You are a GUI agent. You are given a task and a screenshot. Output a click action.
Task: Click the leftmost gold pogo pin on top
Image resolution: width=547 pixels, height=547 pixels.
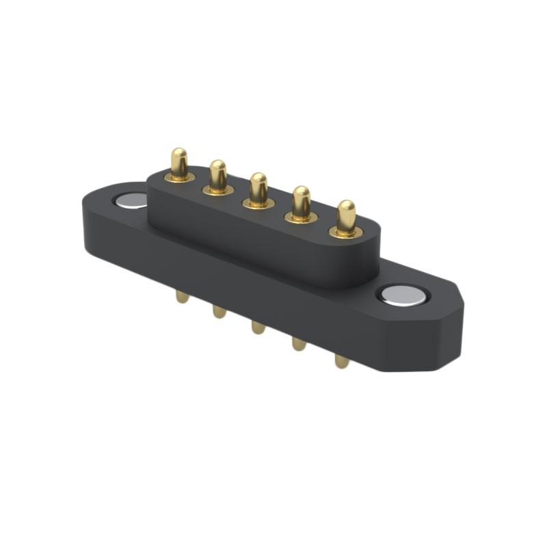tap(179, 163)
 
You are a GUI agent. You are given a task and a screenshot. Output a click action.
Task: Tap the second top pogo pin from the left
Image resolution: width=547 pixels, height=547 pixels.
tap(218, 174)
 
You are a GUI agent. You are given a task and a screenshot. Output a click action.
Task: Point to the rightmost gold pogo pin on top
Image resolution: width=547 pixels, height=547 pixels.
tap(346, 216)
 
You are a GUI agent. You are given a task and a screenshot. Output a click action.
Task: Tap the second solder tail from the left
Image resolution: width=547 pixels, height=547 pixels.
tap(219, 311)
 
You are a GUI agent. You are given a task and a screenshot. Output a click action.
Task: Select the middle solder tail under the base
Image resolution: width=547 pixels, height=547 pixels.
tap(258, 327)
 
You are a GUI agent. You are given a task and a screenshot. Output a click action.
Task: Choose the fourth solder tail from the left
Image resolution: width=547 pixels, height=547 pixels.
tap(299, 343)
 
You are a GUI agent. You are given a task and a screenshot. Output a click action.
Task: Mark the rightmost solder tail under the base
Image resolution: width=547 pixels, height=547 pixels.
tap(342, 360)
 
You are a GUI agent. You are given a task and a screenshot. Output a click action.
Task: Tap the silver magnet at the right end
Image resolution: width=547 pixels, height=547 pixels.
tap(403, 295)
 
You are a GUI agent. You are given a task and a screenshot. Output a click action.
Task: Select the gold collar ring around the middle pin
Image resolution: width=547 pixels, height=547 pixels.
tap(258, 204)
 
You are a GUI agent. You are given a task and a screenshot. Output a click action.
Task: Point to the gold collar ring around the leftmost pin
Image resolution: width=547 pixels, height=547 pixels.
tap(179, 178)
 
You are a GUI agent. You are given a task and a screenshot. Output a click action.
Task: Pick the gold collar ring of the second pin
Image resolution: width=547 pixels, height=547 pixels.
tap(218, 190)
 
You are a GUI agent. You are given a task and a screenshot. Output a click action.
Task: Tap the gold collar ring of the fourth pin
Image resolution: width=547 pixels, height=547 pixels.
tap(301, 218)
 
